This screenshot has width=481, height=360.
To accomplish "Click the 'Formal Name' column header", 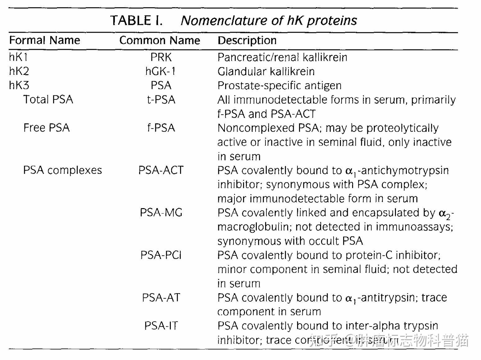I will click(44, 40).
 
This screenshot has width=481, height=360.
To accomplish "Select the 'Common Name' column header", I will click(160, 40).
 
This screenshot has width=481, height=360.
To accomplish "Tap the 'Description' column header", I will click(247, 40).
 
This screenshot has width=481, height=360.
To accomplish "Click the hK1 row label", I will click(18, 57).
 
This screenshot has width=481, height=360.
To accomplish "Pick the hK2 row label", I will click(19, 71).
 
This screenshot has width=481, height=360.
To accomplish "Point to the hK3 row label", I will click(19, 85).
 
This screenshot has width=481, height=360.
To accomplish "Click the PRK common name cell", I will click(161, 57).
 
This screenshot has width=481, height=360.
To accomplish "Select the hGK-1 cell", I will click(161, 71).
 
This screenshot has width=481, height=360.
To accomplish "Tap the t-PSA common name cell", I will click(161, 100).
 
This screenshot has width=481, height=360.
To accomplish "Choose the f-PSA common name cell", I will click(161, 128).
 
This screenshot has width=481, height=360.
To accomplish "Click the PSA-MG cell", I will click(161, 212).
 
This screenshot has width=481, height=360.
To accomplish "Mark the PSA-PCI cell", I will click(161, 255).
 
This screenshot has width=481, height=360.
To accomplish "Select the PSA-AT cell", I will click(161, 298).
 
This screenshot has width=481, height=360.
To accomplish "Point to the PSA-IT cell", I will click(161, 326).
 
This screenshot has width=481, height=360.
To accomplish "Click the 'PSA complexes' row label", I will click(62, 170).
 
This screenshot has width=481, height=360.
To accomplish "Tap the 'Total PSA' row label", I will click(48, 99).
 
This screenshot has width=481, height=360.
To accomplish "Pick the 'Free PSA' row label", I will click(47, 128).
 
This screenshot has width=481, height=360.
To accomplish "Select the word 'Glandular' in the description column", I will click(240, 71).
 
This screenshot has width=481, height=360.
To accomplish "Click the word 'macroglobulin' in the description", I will click(253, 227).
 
